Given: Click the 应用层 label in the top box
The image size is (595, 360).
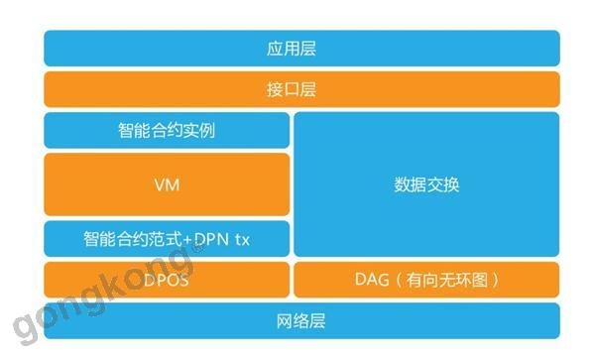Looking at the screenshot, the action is click(x=292, y=49).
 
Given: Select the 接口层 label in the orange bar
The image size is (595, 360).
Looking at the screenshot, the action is click(x=292, y=90).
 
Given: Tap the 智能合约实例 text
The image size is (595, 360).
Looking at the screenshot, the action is click(x=167, y=131).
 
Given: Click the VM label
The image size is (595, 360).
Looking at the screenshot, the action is click(x=167, y=185).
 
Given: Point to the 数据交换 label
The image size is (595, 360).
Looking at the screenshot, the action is click(x=426, y=184).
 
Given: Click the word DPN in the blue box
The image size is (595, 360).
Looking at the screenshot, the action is click(x=212, y=239).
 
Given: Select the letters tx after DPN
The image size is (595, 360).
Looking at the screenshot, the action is click(x=243, y=240).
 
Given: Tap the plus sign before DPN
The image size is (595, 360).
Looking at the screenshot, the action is click(x=187, y=240).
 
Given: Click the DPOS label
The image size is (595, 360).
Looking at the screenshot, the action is click(x=167, y=280).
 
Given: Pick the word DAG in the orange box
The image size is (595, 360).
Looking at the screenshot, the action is click(x=372, y=280).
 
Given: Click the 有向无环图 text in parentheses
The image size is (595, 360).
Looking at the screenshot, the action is click(x=447, y=280).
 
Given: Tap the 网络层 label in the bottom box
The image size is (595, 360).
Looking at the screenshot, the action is click(x=300, y=321).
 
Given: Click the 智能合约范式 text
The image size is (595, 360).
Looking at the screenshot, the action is click(x=133, y=239).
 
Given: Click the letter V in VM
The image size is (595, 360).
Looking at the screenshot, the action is click(x=160, y=185).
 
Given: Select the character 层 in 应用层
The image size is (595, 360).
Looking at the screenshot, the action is click(x=308, y=49).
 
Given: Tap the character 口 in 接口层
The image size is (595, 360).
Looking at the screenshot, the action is click(x=292, y=90).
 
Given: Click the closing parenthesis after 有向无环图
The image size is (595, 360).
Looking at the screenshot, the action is click(x=494, y=280).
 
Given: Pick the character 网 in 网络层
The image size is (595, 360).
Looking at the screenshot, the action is click(x=285, y=321).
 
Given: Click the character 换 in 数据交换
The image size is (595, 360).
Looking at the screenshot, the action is click(x=451, y=184).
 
